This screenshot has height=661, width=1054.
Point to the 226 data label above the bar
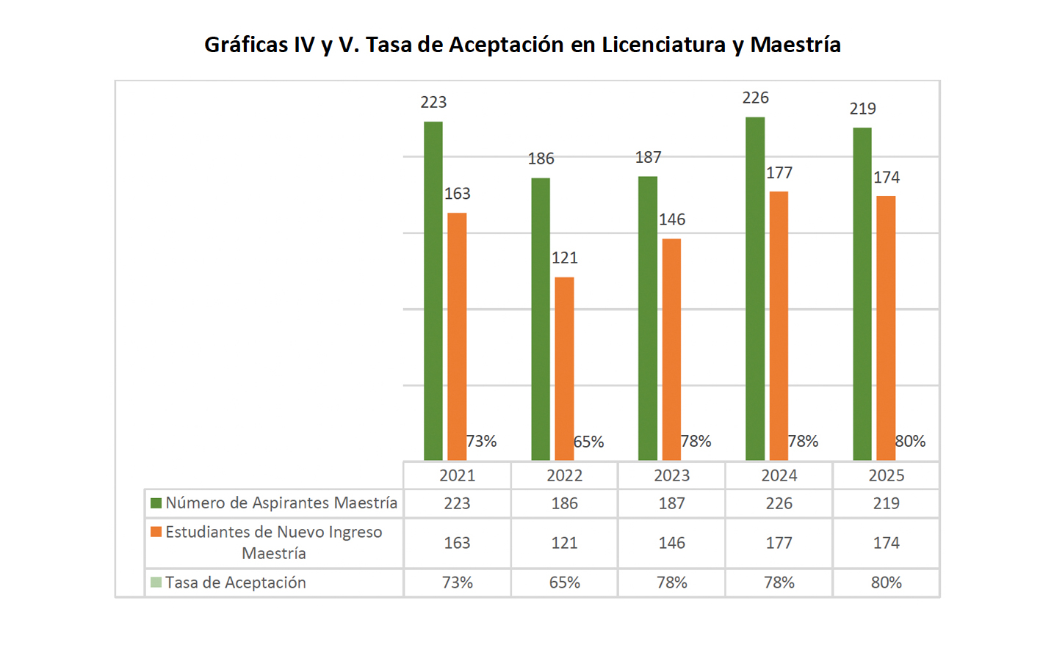755,98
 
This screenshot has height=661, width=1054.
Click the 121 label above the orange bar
564,258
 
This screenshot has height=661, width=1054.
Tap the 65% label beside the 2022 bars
588,442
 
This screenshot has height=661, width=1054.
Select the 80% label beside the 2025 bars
910,441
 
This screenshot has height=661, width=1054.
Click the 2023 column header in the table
671,475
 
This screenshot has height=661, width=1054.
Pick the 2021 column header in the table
457,475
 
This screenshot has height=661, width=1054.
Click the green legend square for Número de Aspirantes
156,503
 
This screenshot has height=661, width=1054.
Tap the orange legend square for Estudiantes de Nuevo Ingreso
156,532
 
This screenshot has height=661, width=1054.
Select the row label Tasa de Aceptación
235,583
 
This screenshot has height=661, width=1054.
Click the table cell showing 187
671,503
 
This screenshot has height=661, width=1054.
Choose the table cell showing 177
779,543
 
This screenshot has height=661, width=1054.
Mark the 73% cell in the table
457,583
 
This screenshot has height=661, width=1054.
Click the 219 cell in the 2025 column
886,503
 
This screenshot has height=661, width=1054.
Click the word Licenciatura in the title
663,45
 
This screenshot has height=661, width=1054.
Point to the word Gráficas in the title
246,45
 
